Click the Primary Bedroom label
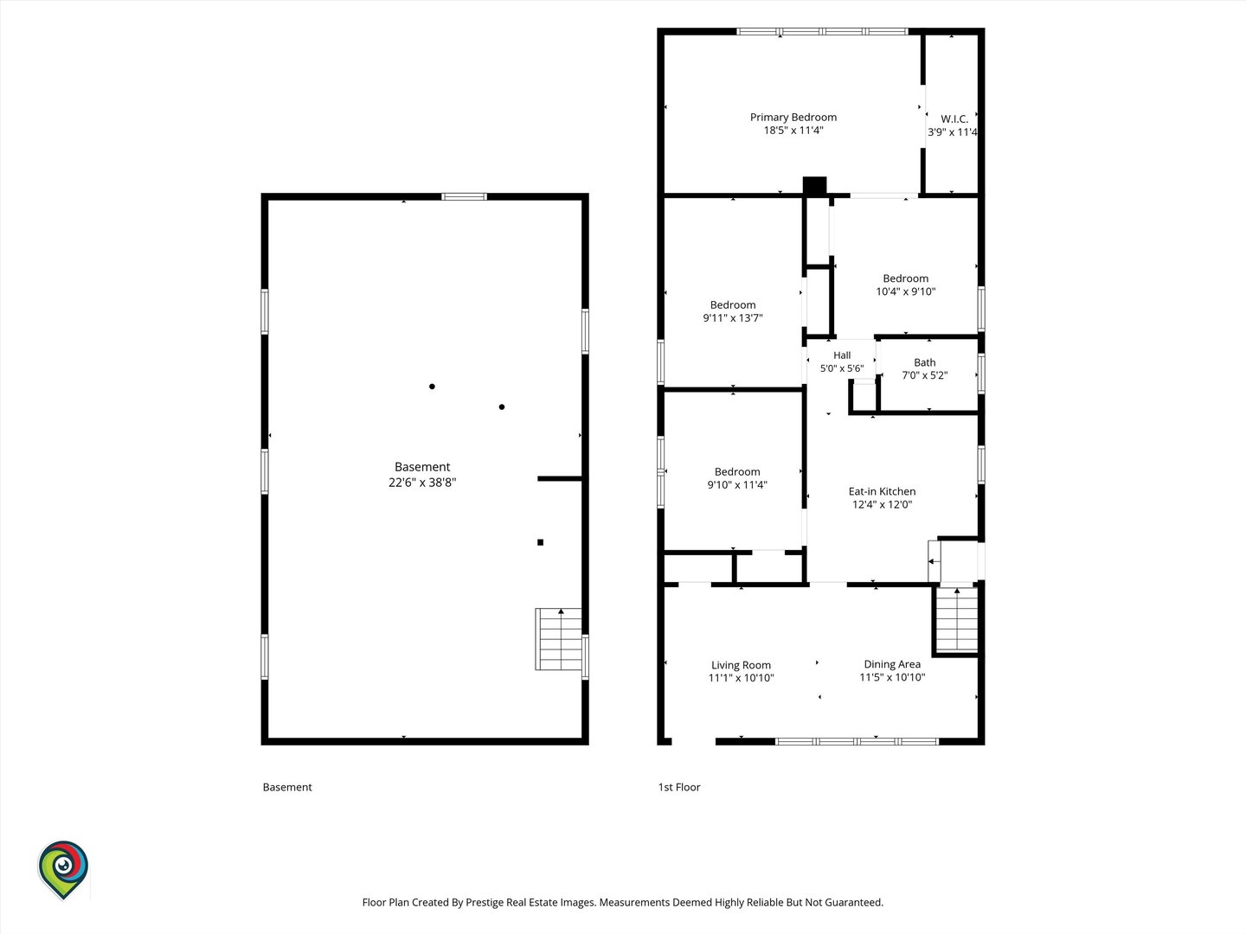(793, 118)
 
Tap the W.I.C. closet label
(954, 119)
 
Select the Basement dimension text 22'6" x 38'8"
(422, 483)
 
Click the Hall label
(842, 355)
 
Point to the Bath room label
(925, 362)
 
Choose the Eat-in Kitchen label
(882, 492)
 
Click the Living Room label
(741, 665)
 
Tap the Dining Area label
(892, 664)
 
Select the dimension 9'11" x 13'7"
(733, 318)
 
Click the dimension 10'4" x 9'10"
(905, 291)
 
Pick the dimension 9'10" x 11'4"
(737, 485)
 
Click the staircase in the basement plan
(559, 639)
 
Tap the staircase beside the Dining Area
(956, 620)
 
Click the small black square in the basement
(541, 543)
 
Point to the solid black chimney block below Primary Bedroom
(814, 186)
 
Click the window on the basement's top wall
(465, 197)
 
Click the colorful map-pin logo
(63, 869)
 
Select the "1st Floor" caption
(679, 787)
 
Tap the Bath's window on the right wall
(981, 373)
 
